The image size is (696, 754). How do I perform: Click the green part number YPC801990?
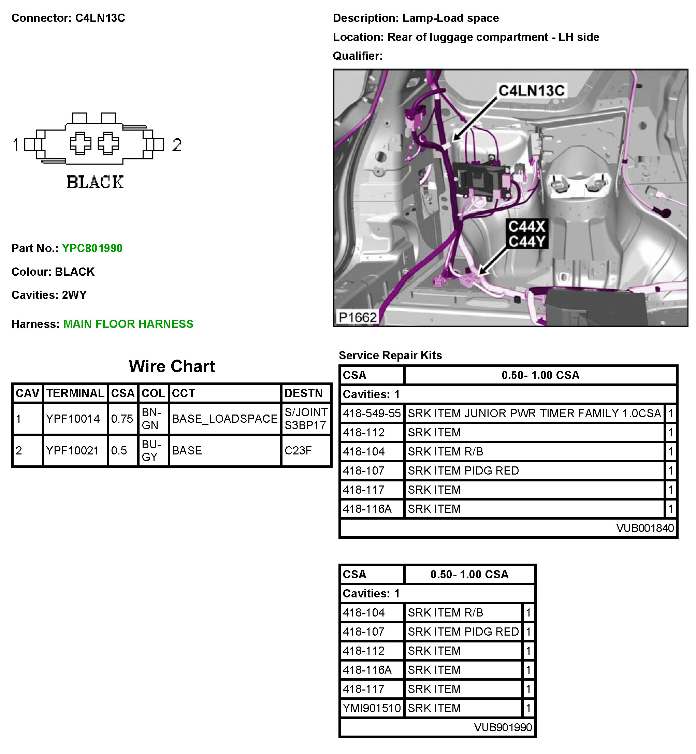pyautogui.click(x=92, y=248)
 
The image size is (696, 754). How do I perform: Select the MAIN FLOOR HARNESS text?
pyautogui.click(x=128, y=324)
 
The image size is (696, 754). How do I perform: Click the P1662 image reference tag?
pyautogui.click(x=357, y=318)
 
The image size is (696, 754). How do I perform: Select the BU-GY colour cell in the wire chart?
pyautogui.click(x=151, y=450)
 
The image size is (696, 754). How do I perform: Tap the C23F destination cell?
pyautogui.click(x=298, y=450)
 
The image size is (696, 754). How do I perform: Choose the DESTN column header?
pyautogui.click(x=304, y=393)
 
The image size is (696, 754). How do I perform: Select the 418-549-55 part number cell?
pyautogui.click(x=371, y=413)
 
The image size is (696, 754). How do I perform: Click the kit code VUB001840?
pyautogui.click(x=645, y=528)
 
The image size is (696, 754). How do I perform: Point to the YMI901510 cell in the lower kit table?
pyautogui.click(x=371, y=708)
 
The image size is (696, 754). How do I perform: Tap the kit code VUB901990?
pyautogui.click(x=503, y=727)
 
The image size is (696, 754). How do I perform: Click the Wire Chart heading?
pyautogui.click(x=172, y=366)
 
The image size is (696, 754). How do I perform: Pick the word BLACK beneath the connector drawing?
pyautogui.click(x=95, y=182)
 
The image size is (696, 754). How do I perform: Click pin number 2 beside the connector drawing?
pyautogui.click(x=177, y=145)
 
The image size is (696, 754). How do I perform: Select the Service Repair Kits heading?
pyautogui.click(x=390, y=355)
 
